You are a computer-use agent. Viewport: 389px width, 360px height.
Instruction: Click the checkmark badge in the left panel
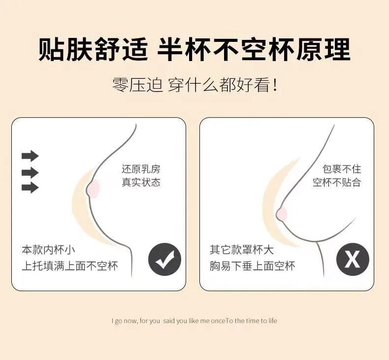point(165,259)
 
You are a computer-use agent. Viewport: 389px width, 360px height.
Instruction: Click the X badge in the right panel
point(353,259)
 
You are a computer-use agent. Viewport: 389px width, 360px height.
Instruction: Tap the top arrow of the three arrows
point(30,156)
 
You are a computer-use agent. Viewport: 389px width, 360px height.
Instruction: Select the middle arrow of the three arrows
point(30,173)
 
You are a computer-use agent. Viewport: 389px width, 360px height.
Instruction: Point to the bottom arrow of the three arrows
point(30,187)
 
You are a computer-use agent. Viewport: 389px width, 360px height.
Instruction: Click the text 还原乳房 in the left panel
point(141,169)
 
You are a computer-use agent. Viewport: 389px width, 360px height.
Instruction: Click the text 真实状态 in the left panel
point(141,182)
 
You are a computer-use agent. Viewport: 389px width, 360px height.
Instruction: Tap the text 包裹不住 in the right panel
point(342,169)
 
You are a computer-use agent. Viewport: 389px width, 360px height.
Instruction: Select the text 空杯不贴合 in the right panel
point(337,182)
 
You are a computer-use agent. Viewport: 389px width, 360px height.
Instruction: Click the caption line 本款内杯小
point(48,250)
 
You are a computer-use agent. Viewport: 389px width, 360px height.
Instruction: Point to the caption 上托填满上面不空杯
point(70,266)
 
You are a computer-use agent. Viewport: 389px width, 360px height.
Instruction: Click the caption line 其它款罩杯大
point(242,250)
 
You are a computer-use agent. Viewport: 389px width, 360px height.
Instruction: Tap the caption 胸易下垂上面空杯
point(252,266)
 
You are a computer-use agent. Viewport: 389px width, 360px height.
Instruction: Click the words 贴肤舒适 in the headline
point(93,49)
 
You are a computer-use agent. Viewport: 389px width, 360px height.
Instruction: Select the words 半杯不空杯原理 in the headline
point(254,49)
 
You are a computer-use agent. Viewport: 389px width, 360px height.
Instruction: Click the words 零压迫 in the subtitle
point(137,85)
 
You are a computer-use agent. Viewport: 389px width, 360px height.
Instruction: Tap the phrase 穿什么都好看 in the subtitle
point(219,85)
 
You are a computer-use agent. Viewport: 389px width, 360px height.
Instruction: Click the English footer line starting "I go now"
point(194,321)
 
